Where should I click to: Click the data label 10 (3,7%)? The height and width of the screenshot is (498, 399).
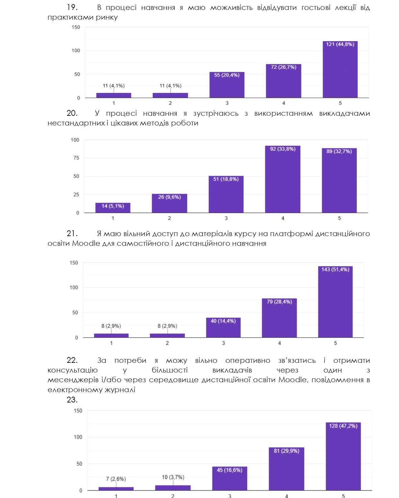tap(173, 477)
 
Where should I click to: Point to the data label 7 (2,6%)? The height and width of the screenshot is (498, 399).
tap(116, 479)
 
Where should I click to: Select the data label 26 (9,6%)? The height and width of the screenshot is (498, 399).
tap(169, 197)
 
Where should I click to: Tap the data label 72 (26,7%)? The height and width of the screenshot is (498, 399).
tap(284, 67)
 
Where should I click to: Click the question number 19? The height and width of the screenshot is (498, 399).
tap(72, 7)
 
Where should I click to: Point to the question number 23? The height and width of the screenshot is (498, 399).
tap(72, 400)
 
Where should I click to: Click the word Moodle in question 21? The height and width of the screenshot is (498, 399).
tap(86, 243)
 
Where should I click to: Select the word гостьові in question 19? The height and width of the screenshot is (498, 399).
tap(316, 8)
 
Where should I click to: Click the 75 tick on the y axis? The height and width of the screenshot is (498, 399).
tap(76, 158)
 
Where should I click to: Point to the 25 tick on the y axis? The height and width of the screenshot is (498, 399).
tap(76, 195)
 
